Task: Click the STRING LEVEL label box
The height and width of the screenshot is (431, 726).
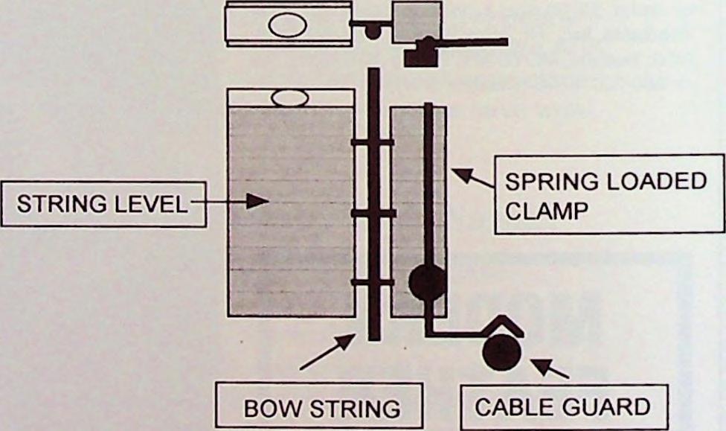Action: tap(103, 204)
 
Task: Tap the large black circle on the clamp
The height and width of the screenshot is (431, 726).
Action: tap(428, 283)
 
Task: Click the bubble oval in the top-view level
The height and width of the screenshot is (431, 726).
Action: tap(288, 25)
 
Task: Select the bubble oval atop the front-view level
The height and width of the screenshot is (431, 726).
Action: tap(291, 98)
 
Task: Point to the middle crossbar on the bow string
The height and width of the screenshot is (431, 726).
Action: tap(373, 214)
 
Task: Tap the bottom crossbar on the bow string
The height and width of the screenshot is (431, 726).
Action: tap(373, 282)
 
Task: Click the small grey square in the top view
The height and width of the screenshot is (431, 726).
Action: tap(417, 21)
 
